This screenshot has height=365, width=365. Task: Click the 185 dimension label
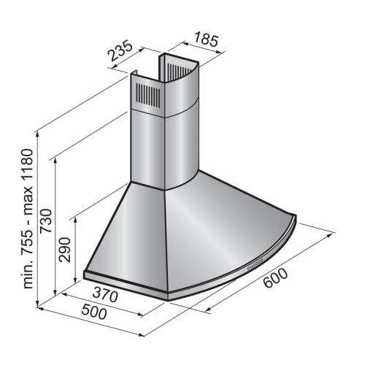(206, 39)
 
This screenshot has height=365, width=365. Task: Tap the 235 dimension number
(121, 52)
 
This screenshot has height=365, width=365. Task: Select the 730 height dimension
(46, 220)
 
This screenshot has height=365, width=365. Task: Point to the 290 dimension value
(65, 250)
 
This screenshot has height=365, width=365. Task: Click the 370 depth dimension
(105, 294)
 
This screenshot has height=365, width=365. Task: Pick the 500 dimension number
(93, 312)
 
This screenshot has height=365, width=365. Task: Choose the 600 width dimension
(275, 278)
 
